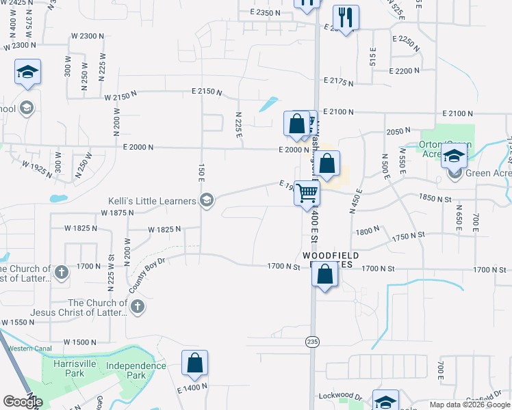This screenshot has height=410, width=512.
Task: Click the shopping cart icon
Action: click(307, 193)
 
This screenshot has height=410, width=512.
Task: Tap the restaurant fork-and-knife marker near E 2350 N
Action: click(344, 18)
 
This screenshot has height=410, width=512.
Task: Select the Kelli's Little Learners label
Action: click(152, 200)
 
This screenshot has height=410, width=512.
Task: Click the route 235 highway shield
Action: click(312, 342)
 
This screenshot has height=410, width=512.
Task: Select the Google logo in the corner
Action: click(23, 402)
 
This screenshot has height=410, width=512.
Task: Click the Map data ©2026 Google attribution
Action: click(470, 405)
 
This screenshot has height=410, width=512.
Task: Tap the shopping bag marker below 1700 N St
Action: click(325, 275)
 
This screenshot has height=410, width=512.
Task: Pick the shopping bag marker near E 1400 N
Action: click(194, 364)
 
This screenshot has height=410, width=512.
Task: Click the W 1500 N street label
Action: click(81, 342)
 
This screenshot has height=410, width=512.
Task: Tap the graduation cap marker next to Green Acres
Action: click(455, 157)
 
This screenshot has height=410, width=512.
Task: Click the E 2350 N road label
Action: click(266, 13)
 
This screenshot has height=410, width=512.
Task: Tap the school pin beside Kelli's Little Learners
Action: click(206, 200)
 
